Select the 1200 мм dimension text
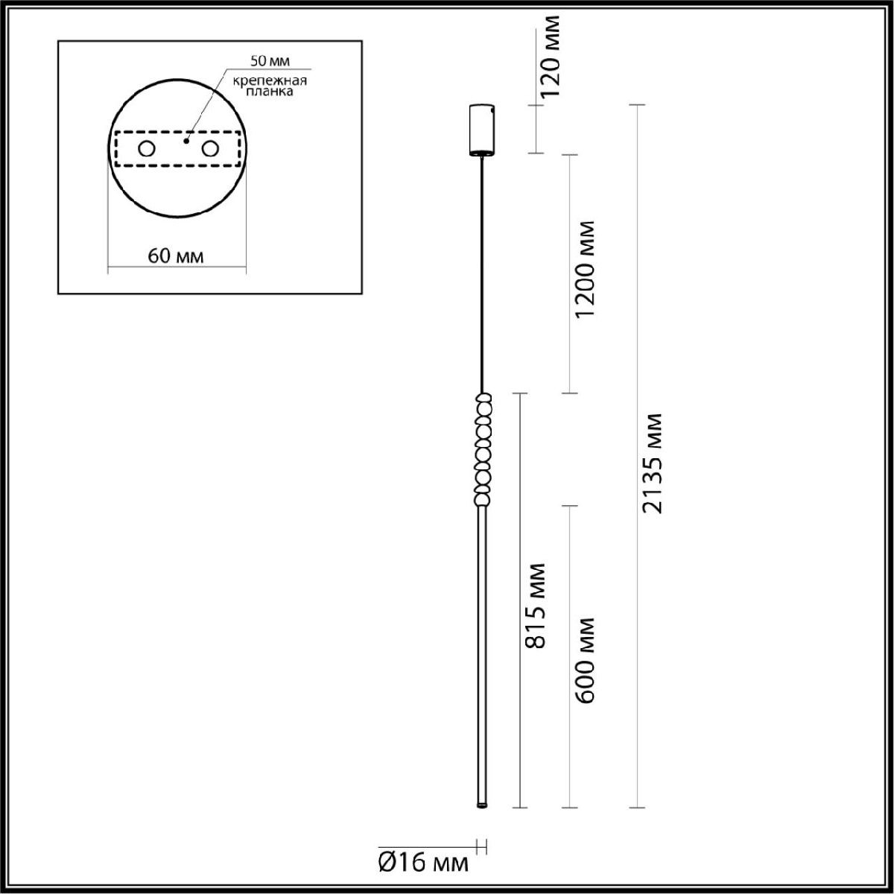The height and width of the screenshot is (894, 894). [585, 269]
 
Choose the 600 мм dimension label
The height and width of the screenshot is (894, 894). [585, 660]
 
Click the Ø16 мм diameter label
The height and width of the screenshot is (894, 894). [424, 863]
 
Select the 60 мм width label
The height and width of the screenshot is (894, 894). [175, 256]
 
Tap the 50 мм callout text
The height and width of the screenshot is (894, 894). [270, 61]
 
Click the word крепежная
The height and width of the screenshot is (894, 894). [270, 80]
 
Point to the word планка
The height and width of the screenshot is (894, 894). [270, 92]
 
